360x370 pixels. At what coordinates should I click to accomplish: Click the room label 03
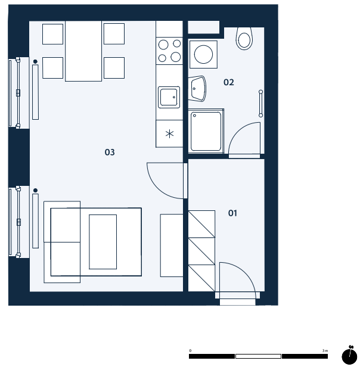tap(110, 152)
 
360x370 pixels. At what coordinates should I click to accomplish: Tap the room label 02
tap(228, 82)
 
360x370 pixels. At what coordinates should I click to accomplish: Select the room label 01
tap(232, 213)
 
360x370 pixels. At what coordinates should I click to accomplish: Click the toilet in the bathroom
tap(244, 39)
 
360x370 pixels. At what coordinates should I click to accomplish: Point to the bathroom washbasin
tap(197, 89)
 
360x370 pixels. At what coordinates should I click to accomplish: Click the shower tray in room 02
tap(206, 131)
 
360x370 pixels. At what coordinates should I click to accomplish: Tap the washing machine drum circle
tap(203, 54)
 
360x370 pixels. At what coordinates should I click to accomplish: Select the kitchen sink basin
tap(169, 97)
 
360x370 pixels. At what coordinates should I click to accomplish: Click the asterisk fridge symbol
tap(169, 134)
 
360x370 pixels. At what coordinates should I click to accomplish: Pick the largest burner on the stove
tap(176, 57)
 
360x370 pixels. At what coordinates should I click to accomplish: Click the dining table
tap(83, 51)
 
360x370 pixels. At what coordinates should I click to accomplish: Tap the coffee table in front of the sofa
tap(103, 242)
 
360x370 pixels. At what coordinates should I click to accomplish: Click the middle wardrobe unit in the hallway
tap(201, 251)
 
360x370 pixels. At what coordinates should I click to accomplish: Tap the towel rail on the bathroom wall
tap(260, 103)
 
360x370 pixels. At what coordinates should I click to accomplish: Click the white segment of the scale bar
tap(258, 356)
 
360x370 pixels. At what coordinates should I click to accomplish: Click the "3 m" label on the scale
tap(325, 351)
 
